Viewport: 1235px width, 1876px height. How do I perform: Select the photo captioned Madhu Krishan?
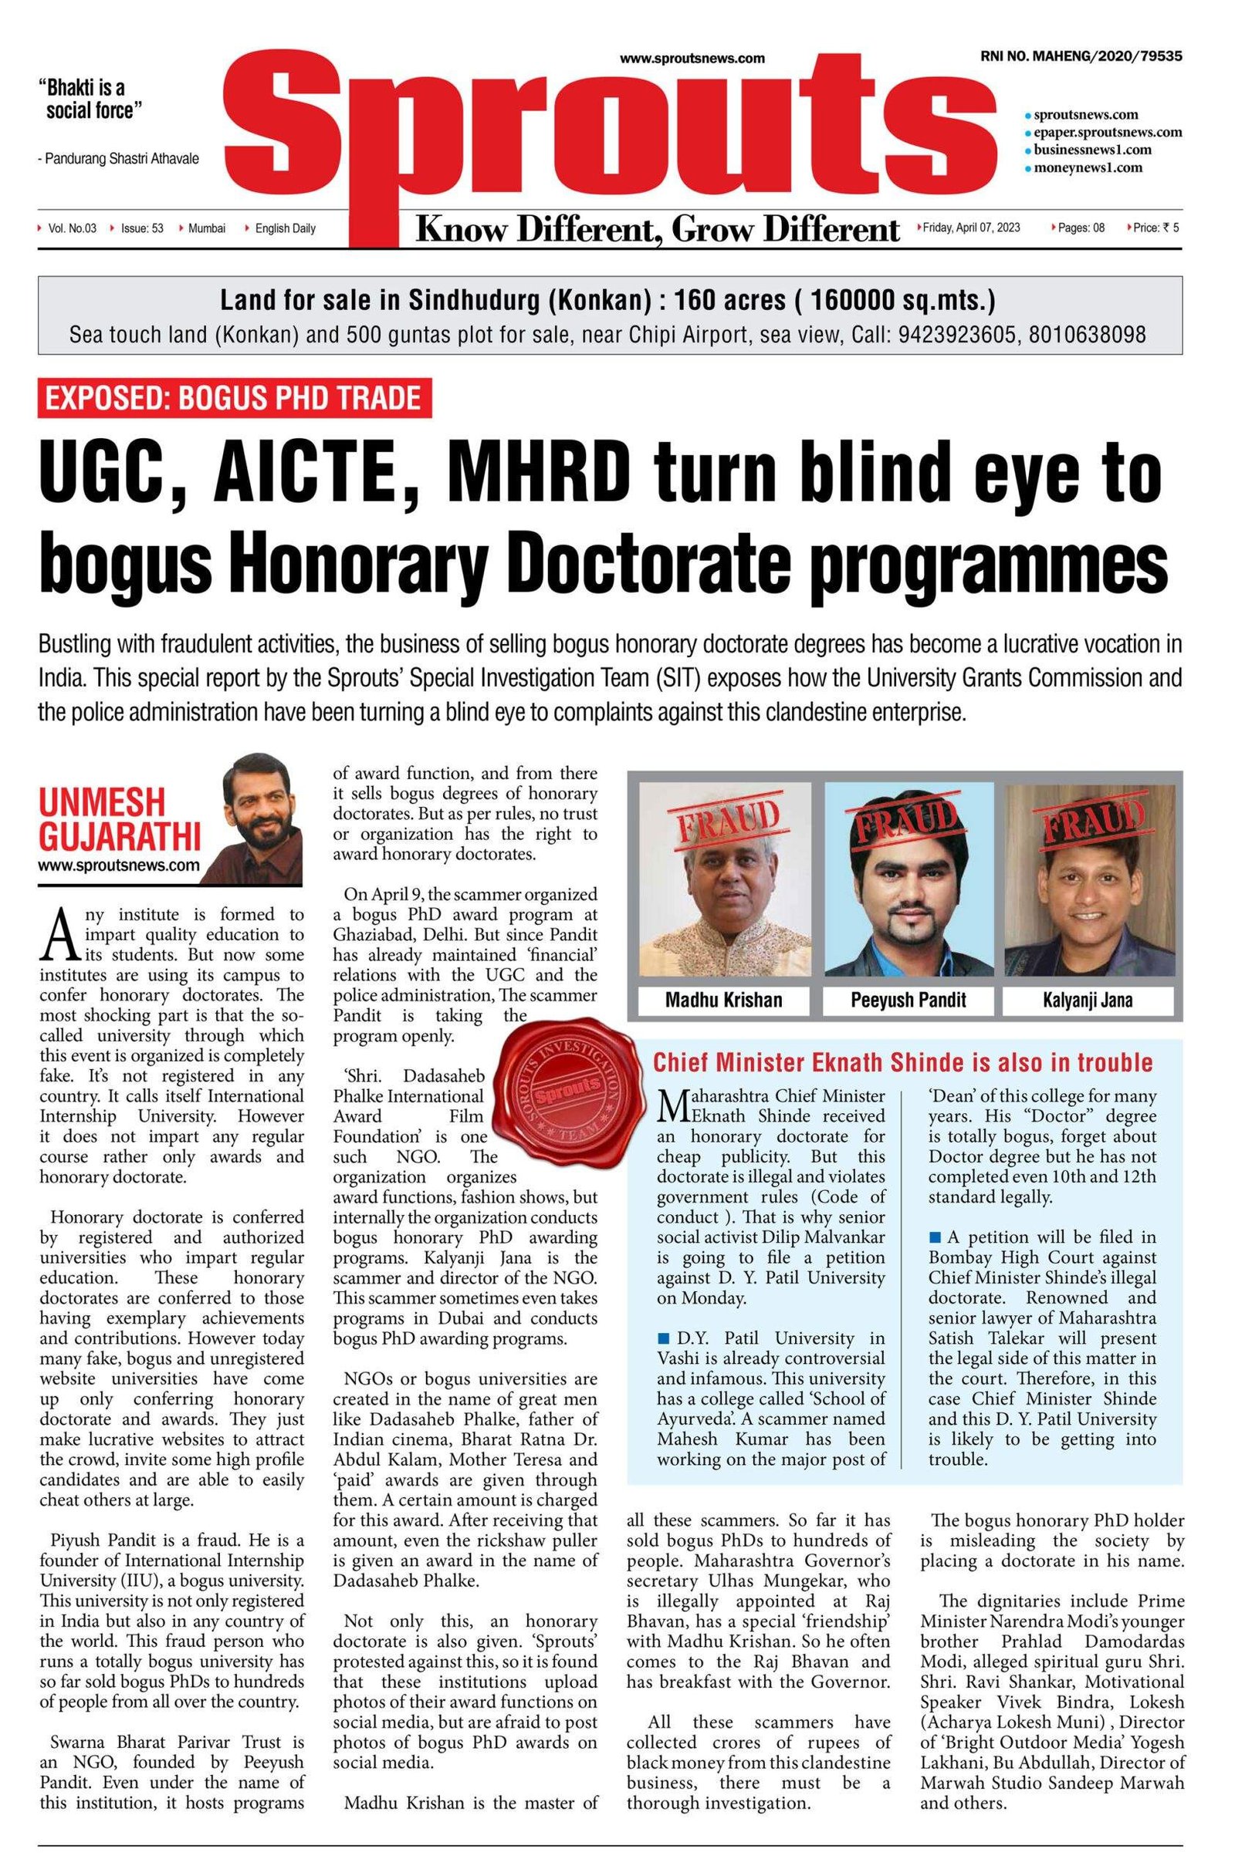(x=724, y=880)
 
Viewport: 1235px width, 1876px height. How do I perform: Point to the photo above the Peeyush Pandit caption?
(x=908, y=880)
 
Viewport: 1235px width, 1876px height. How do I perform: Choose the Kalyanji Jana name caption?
(x=1088, y=1000)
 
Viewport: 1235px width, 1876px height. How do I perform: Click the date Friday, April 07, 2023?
(x=972, y=228)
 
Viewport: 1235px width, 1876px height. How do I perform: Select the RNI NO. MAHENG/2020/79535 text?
(x=1081, y=56)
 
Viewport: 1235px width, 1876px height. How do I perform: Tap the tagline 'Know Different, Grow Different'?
(x=658, y=228)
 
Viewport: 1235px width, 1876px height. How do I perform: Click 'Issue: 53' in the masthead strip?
(x=141, y=228)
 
